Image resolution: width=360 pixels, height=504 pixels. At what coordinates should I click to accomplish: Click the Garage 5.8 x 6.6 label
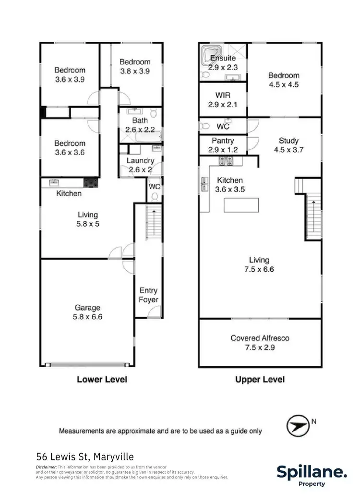(x=87, y=312)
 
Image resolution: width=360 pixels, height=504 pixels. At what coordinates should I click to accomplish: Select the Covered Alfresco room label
(x=260, y=343)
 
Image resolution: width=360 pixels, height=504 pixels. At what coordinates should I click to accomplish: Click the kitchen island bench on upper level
(x=241, y=205)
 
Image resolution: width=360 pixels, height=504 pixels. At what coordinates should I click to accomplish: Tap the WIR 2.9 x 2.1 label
(x=223, y=100)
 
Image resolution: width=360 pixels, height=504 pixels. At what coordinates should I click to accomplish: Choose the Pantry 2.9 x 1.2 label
(x=223, y=145)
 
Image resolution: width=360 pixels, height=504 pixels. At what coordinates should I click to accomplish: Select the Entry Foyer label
(x=149, y=295)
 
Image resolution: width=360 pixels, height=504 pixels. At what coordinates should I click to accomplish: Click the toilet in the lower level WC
(x=155, y=196)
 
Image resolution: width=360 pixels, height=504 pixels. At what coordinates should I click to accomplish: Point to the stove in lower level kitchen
(x=90, y=182)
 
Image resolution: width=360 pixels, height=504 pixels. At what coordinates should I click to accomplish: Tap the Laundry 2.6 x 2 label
(x=140, y=165)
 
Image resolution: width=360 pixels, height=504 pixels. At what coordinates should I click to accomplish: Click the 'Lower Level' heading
(x=102, y=379)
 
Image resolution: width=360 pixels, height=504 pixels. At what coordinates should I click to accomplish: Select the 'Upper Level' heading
(x=260, y=379)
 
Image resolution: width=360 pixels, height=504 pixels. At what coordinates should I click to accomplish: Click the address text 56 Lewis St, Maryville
(x=85, y=456)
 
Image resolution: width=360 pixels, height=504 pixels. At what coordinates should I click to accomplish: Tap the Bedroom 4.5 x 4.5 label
(x=283, y=80)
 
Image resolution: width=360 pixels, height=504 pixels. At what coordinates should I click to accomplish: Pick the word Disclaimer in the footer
(x=47, y=467)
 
